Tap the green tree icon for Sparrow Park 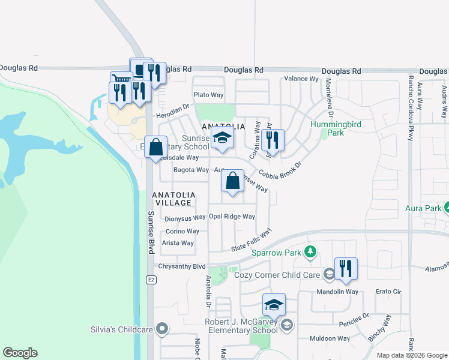click(x=310, y=252)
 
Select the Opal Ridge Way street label click(x=232, y=217)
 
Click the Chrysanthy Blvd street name click(x=181, y=266)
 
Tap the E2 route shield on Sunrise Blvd click(x=151, y=280)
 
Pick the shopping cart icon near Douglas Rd click(x=121, y=78)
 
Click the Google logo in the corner click(x=20, y=353)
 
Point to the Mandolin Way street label click(x=339, y=292)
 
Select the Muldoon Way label click(x=330, y=338)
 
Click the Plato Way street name click(x=208, y=95)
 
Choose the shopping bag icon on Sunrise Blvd click(x=155, y=146)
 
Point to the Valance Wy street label click(x=301, y=79)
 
